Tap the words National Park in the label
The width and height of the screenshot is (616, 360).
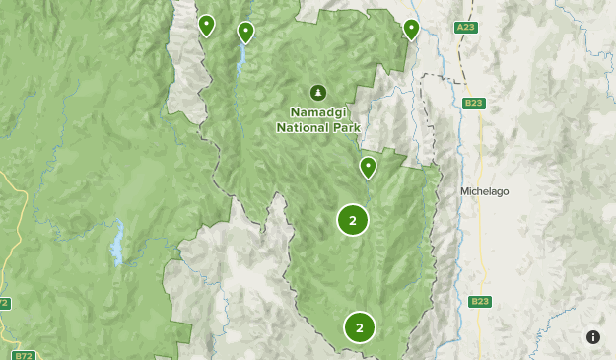pyautogui.click(x=318, y=127)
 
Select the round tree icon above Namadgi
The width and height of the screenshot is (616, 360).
pyautogui.click(x=317, y=93)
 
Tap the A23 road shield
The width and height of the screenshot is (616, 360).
pyautogui.click(x=466, y=28)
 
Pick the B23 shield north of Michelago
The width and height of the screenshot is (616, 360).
pyautogui.click(x=474, y=102)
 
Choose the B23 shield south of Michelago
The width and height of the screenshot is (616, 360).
pyautogui.click(x=480, y=301)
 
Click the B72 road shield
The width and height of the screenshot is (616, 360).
pyautogui.click(x=24, y=354)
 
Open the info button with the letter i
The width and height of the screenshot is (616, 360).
pyautogui.click(x=593, y=337)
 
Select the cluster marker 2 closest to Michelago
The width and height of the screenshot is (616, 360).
pyautogui.click(x=353, y=220)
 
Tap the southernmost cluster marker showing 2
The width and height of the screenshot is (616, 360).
pyautogui.click(x=360, y=327)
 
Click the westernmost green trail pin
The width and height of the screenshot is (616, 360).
pyautogui.click(x=207, y=25)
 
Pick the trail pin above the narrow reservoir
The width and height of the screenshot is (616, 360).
pyautogui.click(x=245, y=33)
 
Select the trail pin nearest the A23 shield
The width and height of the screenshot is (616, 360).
pyautogui.click(x=412, y=29)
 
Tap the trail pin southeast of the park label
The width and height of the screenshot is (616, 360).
pyautogui.click(x=368, y=167)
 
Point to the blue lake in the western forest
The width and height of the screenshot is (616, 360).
pyautogui.click(x=117, y=244)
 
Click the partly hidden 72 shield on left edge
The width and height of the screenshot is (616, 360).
pyautogui.click(x=4, y=303)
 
